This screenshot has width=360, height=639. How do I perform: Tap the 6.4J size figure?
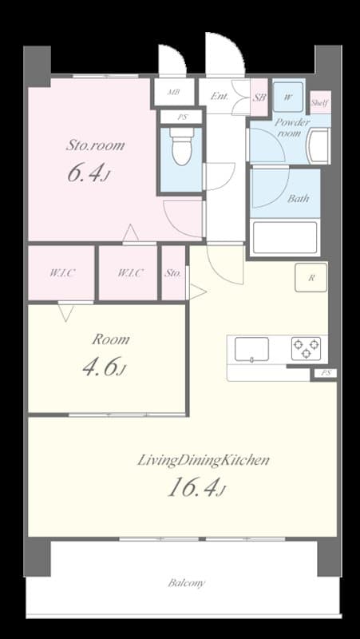pyautogui.click(x=87, y=174)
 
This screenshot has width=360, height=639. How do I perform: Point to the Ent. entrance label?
pyautogui.click(x=220, y=97)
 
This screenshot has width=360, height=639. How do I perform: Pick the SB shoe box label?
pyautogui.click(x=259, y=97)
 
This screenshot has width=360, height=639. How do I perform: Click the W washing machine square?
pyautogui.click(x=287, y=97)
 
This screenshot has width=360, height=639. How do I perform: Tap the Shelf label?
pyautogui.click(x=319, y=103)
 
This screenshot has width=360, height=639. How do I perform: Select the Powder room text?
pyautogui.click(x=291, y=128)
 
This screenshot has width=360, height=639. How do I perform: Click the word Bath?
pyautogui.click(x=298, y=198)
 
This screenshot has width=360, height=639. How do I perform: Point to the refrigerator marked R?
pyautogui.click(x=311, y=278)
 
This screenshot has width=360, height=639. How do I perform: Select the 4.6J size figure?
pyautogui.click(x=105, y=367)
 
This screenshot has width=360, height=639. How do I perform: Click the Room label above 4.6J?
pyautogui.click(x=110, y=339)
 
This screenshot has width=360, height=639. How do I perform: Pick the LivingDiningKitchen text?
pyautogui.click(x=204, y=460)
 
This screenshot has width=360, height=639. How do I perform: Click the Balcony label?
pyautogui.click(x=187, y=583)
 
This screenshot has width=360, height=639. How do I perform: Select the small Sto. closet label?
pyautogui.click(x=173, y=273)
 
